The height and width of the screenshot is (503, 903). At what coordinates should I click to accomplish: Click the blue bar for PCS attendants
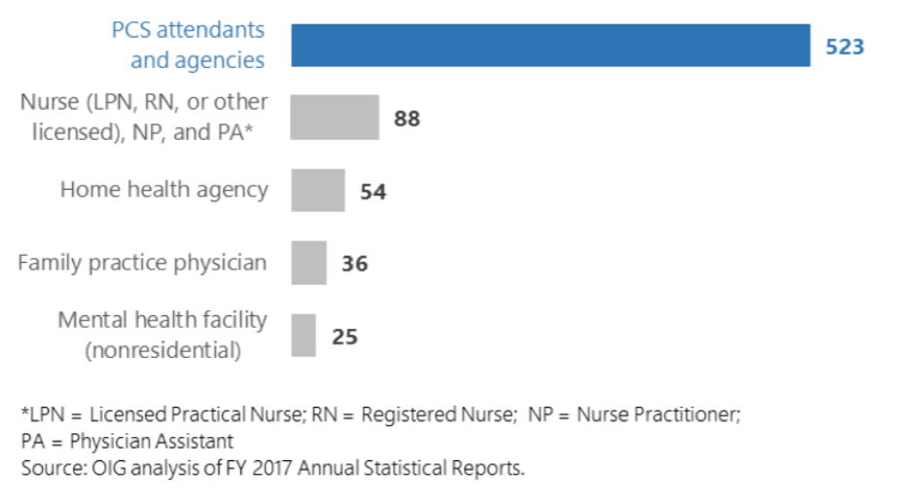pyautogui.click(x=551, y=45)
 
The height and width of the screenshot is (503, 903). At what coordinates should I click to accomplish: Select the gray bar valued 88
pyautogui.click(x=335, y=117)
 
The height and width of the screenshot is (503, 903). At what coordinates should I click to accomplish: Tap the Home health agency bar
pyautogui.click(x=318, y=190)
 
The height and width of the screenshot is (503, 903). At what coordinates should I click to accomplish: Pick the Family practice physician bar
pyautogui.click(x=308, y=263)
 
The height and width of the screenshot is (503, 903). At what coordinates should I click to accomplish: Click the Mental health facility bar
pyautogui.click(x=304, y=335)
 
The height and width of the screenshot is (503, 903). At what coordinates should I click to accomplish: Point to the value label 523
pyautogui.click(x=845, y=46)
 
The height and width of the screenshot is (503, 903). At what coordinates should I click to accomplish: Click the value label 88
pyautogui.click(x=407, y=119)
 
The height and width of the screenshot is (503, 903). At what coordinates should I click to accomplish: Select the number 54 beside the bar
pyautogui.click(x=373, y=192)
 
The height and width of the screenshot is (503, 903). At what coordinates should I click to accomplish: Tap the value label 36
pyautogui.click(x=354, y=264)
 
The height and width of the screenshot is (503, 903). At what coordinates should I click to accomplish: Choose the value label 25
pyautogui.click(x=344, y=337)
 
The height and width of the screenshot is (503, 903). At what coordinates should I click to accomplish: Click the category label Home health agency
pyautogui.click(x=163, y=189)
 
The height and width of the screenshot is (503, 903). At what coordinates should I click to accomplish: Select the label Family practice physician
pyautogui.click(x=142, y=262)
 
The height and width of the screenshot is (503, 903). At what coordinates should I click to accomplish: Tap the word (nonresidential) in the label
pyautogui.click(x=163, y=350)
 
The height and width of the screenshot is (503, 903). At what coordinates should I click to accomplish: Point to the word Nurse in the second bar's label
pyautogui.click(x=47, y=102)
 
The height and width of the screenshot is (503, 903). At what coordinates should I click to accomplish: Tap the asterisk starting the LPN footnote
pyautogui.click(x=24, y=413)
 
